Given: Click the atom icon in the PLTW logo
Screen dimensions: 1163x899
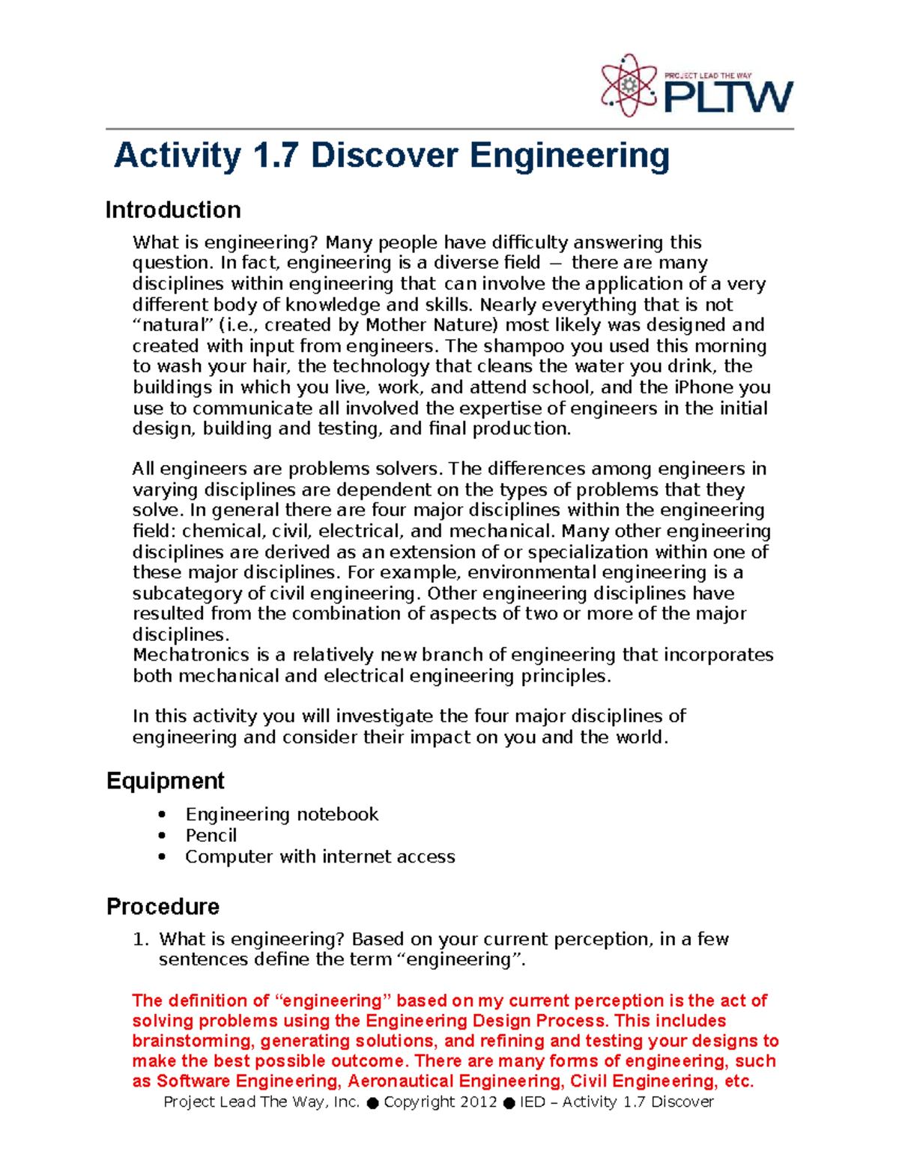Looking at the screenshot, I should point(629,86).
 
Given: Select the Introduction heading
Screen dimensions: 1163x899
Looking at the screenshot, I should point(173,210).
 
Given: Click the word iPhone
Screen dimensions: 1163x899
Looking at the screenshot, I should point(704,387).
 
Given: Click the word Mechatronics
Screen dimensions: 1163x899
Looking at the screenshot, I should point(191,655).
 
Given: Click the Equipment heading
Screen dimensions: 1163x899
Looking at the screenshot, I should point(166,780).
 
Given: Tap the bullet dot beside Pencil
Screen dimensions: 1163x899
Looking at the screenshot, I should point(162,835).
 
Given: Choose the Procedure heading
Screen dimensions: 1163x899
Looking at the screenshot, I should point(163,906).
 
